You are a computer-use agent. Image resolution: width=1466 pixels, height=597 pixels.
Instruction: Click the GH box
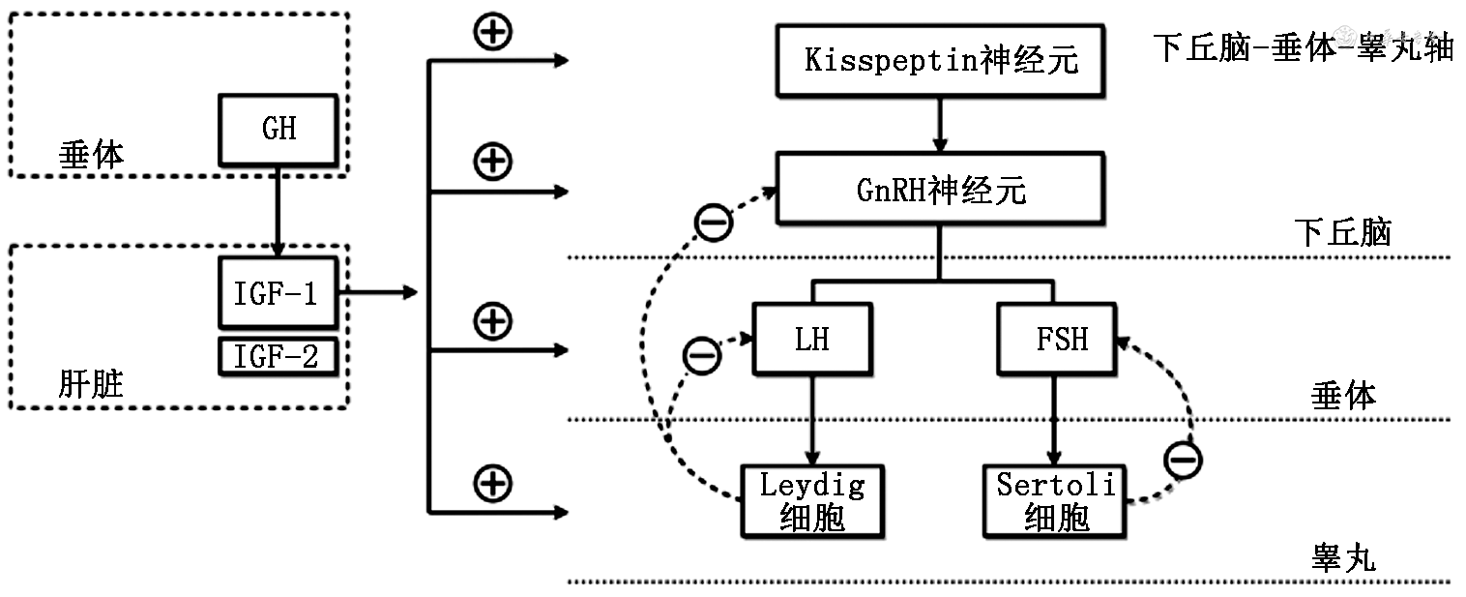[x=279, y=129]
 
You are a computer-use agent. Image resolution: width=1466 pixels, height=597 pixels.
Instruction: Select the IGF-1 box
[x=279, y=292]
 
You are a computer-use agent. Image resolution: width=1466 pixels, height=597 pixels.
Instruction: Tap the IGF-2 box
[x=279, y=357]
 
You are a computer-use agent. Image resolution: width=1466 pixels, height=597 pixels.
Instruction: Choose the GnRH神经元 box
[x=941, y=191]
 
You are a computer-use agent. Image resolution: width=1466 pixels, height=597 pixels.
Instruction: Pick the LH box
[x=812, y=339]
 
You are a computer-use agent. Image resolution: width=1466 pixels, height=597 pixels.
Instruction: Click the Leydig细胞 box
[x=812, y=501]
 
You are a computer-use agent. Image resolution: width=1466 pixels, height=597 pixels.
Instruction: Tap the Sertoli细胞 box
[x=1056, y=501]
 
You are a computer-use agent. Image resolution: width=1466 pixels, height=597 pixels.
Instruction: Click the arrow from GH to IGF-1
[x=279, y=209]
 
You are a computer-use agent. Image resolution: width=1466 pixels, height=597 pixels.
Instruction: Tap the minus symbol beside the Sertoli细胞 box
[x=1183, y=459]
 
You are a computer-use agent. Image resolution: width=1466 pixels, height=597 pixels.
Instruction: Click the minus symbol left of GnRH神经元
[x=714, y=223]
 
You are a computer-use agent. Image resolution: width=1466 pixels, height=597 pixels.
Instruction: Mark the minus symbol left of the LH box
[x=701, y=356]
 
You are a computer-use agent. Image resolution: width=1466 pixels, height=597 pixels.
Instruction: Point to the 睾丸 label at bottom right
[x=1343, y=559]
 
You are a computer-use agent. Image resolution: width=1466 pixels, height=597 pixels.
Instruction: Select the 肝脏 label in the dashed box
[x=91, y=385]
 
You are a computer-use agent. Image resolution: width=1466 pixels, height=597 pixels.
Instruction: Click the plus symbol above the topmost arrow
[x=492, y=32]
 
